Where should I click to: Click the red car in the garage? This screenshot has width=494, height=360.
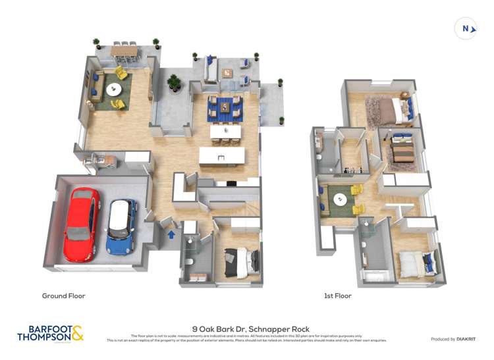pos(82,215)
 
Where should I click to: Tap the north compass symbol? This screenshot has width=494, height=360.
pos(466,28)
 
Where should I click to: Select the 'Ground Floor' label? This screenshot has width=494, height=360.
pos(63,296)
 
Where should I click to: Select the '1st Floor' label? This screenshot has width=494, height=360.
pos(338,296)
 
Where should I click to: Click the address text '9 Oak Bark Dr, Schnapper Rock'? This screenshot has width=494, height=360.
pos(251,328)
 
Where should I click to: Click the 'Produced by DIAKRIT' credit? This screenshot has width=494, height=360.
pos(453,339)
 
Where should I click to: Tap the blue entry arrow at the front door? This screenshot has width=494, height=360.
pos(172,233)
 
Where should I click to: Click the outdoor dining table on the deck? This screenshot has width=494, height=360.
pos(124,50)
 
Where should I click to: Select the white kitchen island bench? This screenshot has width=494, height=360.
pos(222,156)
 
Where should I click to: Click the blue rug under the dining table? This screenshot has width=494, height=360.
pos(225,109)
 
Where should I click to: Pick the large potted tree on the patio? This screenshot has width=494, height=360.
pos(174,82)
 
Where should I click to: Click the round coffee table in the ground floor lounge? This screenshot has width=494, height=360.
pos(114,89)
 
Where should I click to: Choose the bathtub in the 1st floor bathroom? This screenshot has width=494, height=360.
pos(376,275)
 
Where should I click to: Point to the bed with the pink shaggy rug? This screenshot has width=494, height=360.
pos(396,110)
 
